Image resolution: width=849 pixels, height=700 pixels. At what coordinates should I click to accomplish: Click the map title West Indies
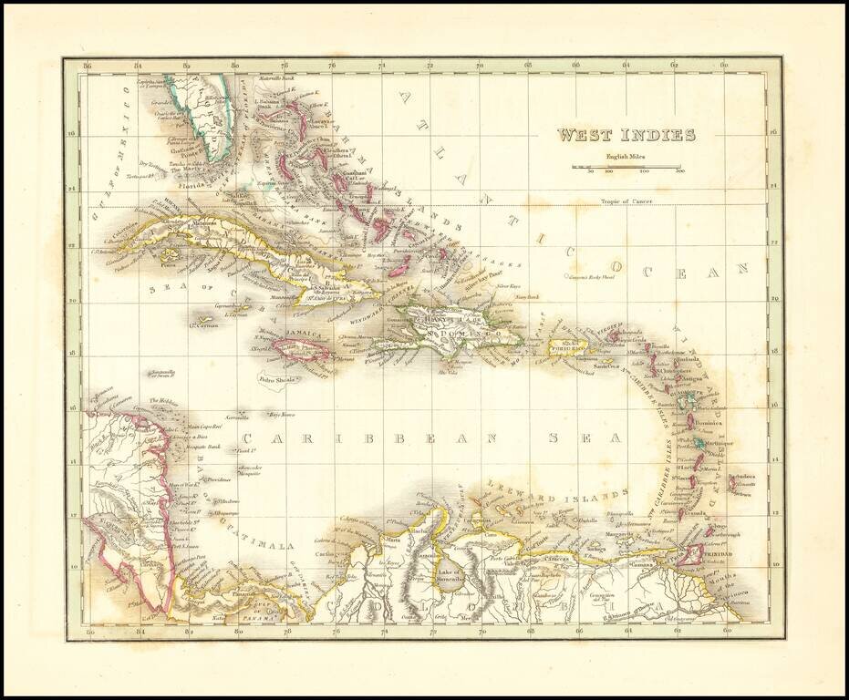tap(626, 136)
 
